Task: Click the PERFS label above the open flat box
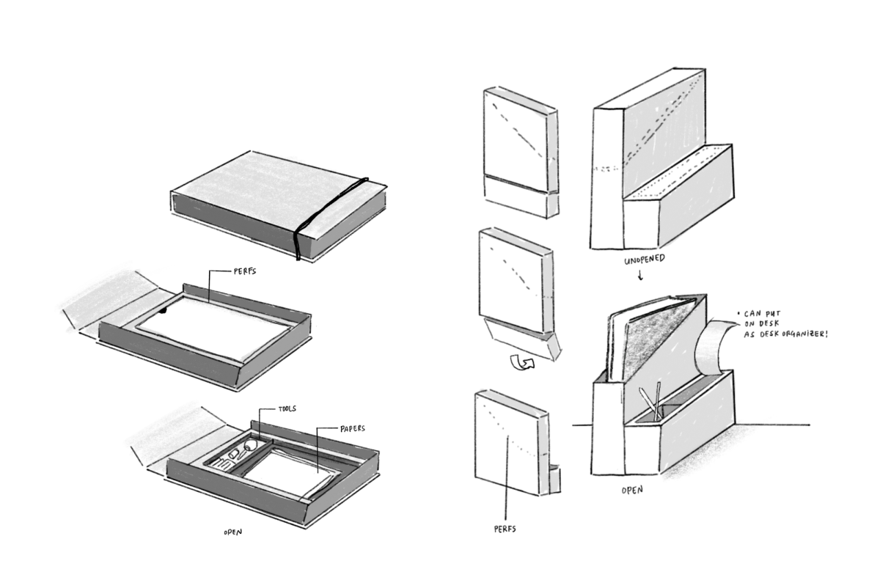pos(245,271)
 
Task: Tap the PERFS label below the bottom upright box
pos(505,529)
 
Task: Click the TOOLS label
pos(287,408)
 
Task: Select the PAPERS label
pos(353,428)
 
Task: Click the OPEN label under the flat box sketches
pos(233,532)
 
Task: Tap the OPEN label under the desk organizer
pos(632,490)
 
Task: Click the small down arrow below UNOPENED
pos(641,275)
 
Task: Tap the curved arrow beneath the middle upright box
pos(522,362)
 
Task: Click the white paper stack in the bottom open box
pos(290,474)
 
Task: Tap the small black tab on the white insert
pos(164,311)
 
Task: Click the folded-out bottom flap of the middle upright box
pos(521,339)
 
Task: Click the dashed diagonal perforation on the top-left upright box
pos(518,131)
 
